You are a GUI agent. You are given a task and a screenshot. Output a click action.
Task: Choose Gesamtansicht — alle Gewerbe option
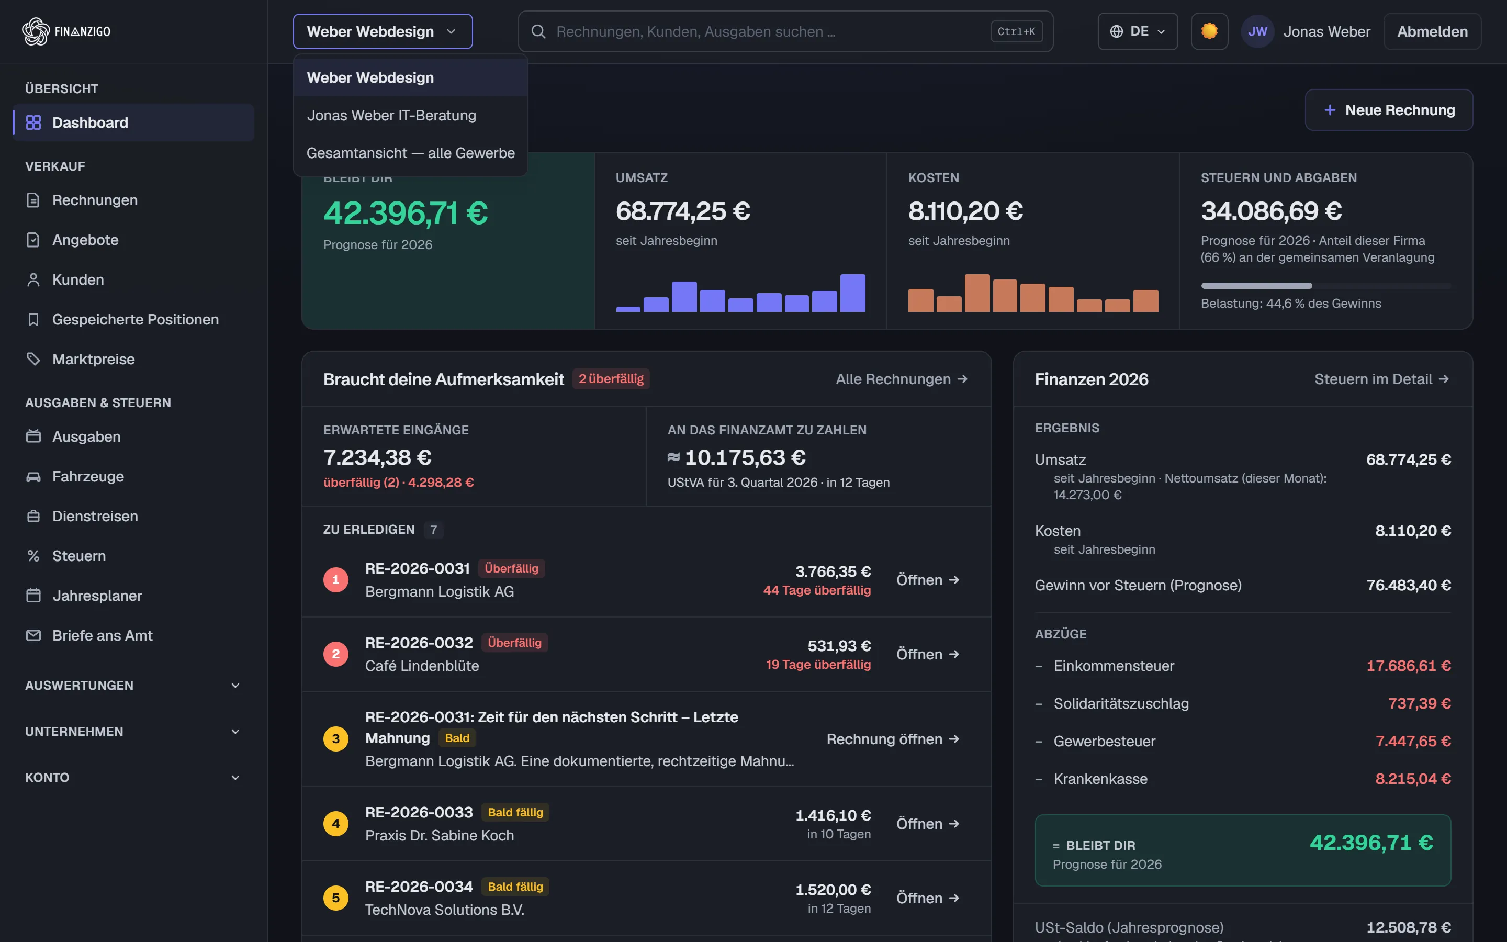410,153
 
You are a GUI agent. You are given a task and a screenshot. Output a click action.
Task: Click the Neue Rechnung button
1389,110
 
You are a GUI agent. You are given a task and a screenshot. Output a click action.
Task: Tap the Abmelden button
1432,31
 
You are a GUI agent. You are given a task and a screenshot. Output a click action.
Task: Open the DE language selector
1137,31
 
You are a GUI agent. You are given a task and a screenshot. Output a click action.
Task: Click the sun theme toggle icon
1209,31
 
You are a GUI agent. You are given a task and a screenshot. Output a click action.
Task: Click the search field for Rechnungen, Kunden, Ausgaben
785,31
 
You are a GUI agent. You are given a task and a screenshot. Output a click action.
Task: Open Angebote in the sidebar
85,240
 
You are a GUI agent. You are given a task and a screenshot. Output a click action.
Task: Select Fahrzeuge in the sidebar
88,477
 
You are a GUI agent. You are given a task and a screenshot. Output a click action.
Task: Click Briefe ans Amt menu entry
102,635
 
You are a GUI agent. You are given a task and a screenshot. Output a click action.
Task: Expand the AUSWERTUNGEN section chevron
235,686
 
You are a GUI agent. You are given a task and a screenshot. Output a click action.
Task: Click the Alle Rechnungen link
901,379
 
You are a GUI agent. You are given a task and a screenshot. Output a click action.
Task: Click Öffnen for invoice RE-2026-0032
927,654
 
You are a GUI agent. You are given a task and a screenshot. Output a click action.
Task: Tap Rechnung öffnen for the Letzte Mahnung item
892,739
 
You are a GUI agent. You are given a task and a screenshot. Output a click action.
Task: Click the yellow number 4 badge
335,824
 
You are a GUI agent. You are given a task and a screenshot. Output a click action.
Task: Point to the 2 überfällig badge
611,379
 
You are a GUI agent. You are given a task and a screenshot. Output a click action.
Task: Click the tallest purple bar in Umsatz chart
852,293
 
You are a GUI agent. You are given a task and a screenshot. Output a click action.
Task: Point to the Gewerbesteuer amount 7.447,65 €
1413,742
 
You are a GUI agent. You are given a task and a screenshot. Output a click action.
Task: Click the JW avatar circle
1257,31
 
